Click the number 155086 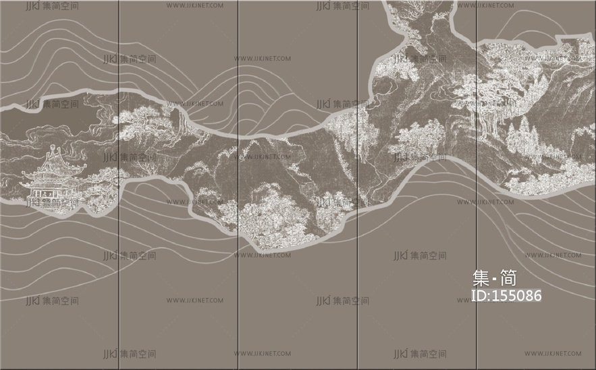coord(518,296)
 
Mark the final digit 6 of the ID coord(537,296)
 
